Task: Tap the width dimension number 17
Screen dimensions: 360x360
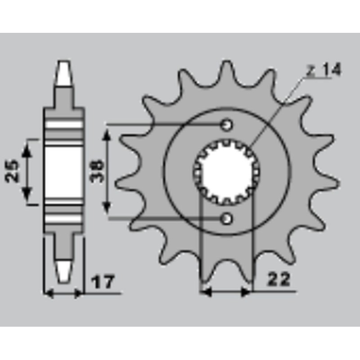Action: click(x=103, y=283)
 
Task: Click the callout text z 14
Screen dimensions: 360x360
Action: click(x=324, y=70)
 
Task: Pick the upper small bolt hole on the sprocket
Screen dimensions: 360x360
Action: click(x=227, y=124)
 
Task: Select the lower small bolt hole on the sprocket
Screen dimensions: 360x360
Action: click(x=227, y=219)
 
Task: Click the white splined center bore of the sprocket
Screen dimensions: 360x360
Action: click(x=225, y=171)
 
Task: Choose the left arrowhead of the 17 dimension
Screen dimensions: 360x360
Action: click(x=49, y=293)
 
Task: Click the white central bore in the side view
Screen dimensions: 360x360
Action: click(x=63, y=171)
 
